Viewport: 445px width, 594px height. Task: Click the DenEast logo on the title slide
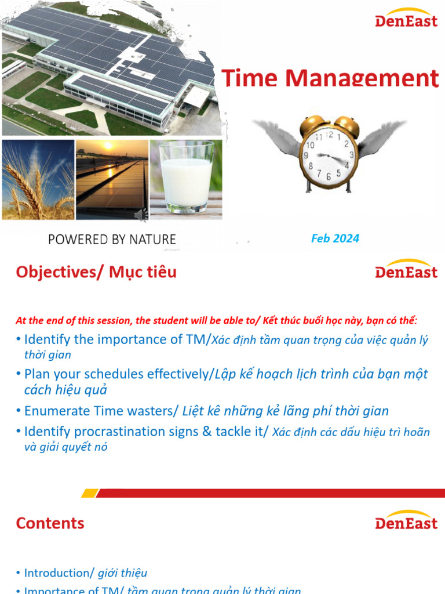click(406, 18)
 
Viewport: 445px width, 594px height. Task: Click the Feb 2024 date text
click(335, 238)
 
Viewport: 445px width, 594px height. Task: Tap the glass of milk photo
click(185, 179)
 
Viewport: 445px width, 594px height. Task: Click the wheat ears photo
click(38, 179)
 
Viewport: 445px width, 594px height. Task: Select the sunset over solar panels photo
click(112, 179)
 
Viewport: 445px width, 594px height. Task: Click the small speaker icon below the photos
click(141, 215)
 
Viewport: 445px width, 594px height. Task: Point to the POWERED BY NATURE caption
click(112, 239)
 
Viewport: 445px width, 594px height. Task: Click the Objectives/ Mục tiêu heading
click(96, 272)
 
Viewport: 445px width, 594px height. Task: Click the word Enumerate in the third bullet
click(57, 411)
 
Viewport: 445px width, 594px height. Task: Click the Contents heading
click(50, 523)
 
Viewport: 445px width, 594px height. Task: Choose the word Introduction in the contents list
click(56, 573)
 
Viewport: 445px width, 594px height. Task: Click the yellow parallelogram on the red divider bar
click(89, 493)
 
